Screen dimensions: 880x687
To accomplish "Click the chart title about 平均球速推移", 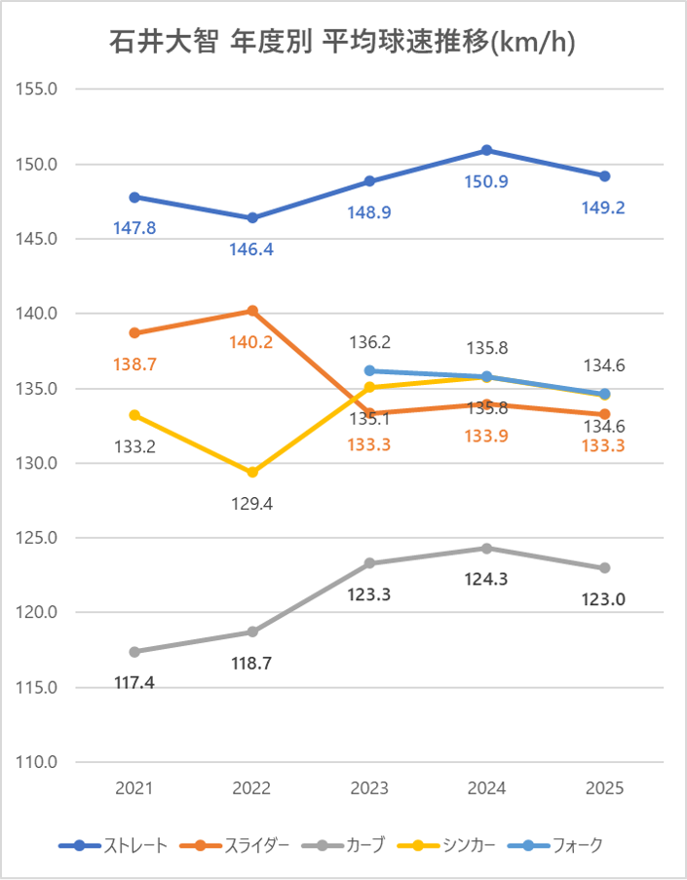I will [342, 43].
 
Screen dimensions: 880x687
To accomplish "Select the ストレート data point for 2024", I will [487, 150].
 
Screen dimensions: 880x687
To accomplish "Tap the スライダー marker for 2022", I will [252, 311].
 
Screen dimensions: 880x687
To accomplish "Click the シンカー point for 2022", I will [252, 472].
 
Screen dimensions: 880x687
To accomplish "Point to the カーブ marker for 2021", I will [134, 651].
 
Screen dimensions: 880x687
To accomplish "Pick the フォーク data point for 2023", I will [369, 370].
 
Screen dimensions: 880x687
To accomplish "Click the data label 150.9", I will [487, 181].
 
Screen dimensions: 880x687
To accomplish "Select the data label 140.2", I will [252, 342].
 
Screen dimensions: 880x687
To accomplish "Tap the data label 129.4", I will [252, 504].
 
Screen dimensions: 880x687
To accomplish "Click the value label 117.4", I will [134, 682].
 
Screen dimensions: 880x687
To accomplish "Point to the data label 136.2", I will [369, 342].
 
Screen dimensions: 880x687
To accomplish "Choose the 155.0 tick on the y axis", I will [38, 89].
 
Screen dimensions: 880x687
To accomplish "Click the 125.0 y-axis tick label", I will [38, 538].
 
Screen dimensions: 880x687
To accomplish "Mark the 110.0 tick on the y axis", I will [38, 762].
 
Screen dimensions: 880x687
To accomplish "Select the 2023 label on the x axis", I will [369, 788].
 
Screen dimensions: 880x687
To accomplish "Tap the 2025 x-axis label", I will [604, 788].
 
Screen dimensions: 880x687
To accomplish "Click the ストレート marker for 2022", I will [252, 217].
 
